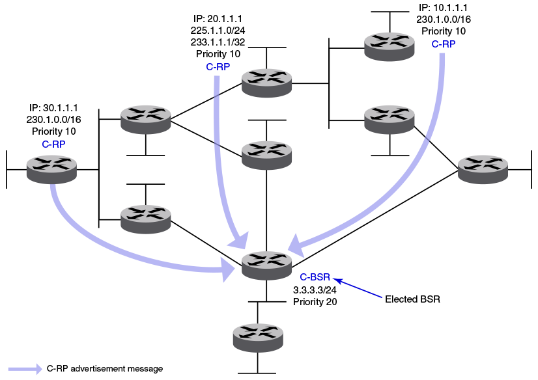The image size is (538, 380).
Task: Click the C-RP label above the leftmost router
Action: tap(53, 144)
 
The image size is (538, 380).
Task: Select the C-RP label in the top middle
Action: tap(218, 67)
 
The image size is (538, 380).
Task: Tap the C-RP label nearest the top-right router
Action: tap(444, 44)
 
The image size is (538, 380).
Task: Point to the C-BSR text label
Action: tap(315, 278)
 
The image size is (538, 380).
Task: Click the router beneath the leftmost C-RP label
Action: tap(51, 169)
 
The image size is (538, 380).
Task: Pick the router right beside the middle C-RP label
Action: tap(266, 82)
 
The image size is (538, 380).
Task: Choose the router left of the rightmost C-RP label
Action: tap(389, 46)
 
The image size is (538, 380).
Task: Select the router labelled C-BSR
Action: tap(266, 265)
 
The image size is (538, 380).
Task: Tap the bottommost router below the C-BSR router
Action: tap(258, 337)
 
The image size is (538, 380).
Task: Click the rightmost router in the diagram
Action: tap(483, 169)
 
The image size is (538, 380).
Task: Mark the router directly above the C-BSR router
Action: tap(266, 155)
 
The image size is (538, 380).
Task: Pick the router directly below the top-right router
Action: tap(389, 119)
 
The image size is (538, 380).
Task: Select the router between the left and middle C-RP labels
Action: tap(145, 119)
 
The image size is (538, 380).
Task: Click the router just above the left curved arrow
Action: tap(145, 219)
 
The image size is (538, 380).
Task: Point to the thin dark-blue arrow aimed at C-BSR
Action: tap(358, 289)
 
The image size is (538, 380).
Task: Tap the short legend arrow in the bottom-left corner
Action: tap(25, 369)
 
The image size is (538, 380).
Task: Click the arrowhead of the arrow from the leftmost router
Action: tap(229, 268)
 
